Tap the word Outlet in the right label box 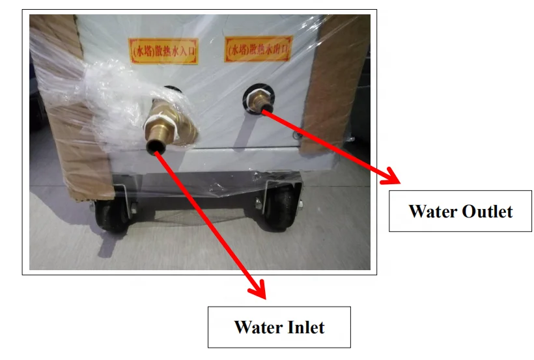pyautogui.click(x=487, y=212)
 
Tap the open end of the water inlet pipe pyautogui.click(x=156, y=149)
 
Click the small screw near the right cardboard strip pyautogui.click(x=296, y=135)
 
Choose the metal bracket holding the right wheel pyautogui.click(x=267, y=195)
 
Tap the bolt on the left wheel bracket pyautogui.click(x=130, y=209)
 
